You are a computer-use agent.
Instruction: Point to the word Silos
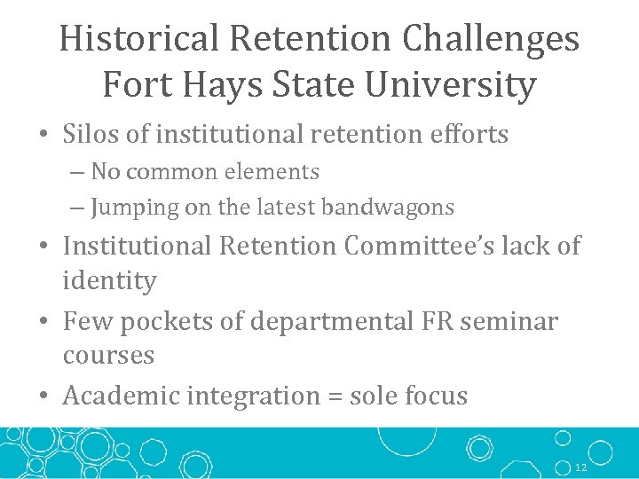95,134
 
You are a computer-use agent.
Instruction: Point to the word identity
109,281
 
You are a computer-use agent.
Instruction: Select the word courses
108,356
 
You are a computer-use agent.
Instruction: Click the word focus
435,396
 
